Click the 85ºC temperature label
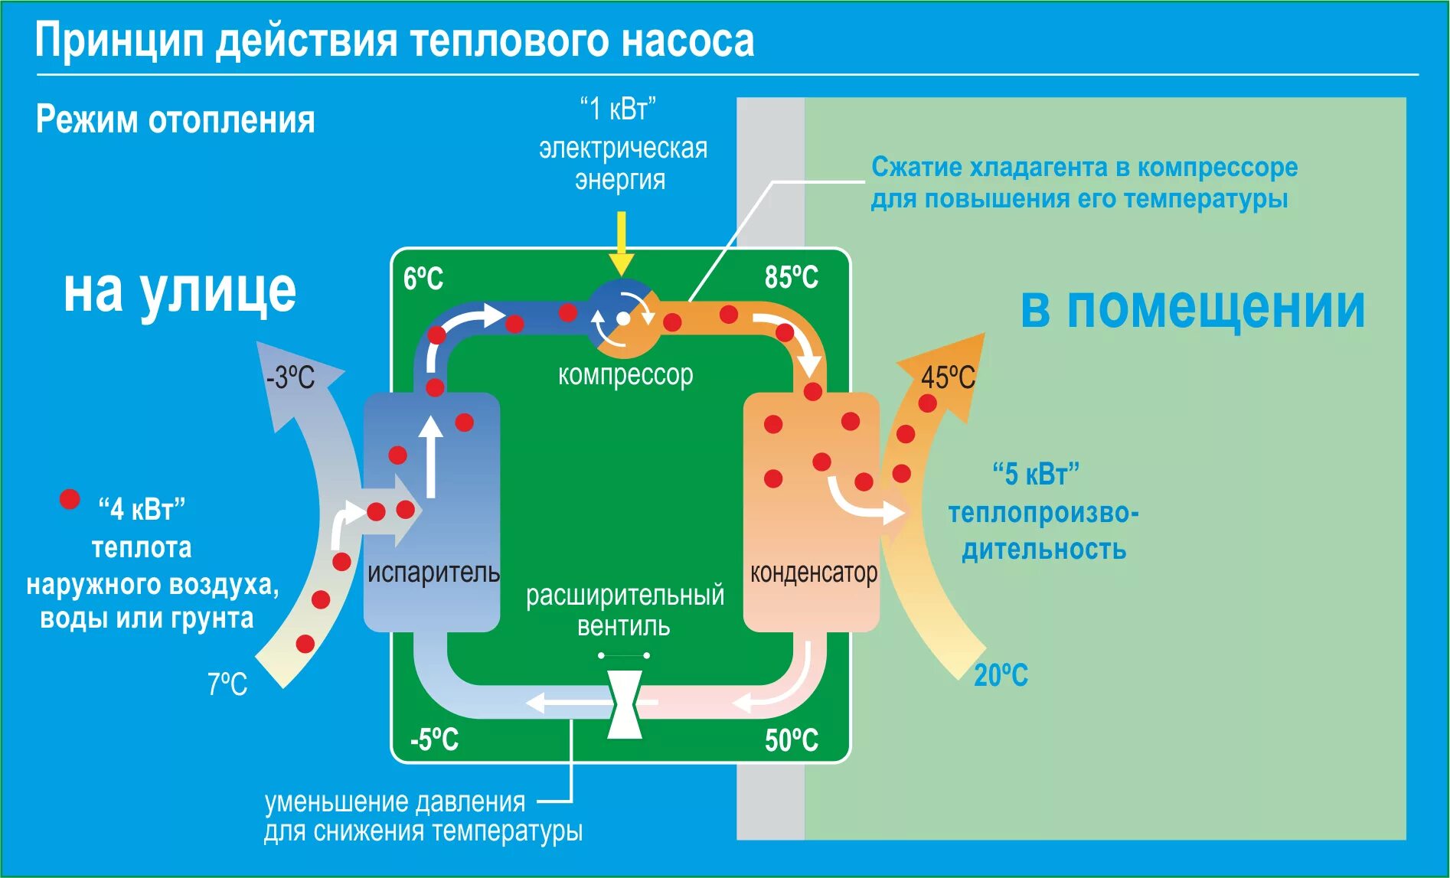click(x=791, y=277)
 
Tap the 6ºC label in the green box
click(x=423, y=278)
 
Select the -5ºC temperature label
click(x=434, y=739)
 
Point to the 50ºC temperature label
click(x=791, y=740)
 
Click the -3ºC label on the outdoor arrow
click(x=290, y=377)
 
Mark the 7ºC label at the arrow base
click(x=227, y=684)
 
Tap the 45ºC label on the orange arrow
click(x=948, y=377)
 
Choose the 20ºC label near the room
click(x=1001, y=675)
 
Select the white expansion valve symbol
click(x=625, y=704)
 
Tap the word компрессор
click(x=625, y=375)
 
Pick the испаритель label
click(x=433, y=573)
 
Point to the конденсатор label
click(x=813, y=573)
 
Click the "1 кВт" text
click(x=619, y=109)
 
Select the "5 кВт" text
click(x=1036, y=474)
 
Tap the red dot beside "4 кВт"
click(x=70, y=500)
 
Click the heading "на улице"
click(x=179, y=292)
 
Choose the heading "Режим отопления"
click(x=175, y=120)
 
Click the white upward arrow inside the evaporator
click(x=431, y=456)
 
